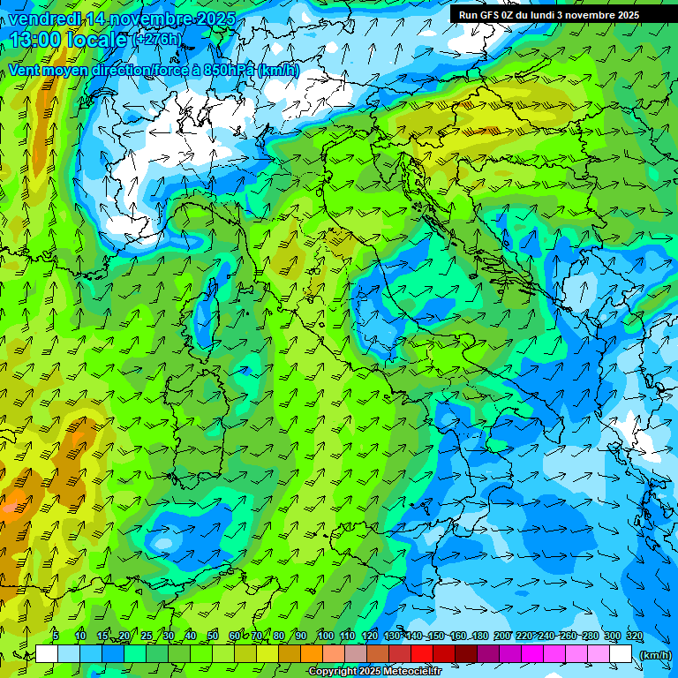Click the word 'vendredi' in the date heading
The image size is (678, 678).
coord(41,19)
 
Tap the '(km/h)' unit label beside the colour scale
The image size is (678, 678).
coord(654,655)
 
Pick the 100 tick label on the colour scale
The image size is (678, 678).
coord(325,637)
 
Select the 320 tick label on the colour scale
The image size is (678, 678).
coord(634,637)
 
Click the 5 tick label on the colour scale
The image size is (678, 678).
coord(55,637)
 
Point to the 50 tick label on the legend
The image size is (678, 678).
coord(213,637)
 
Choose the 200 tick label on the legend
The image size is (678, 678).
coord(501,637)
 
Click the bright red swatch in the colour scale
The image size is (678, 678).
coord(422,654)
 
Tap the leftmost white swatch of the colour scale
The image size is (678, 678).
coord(47,654)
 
